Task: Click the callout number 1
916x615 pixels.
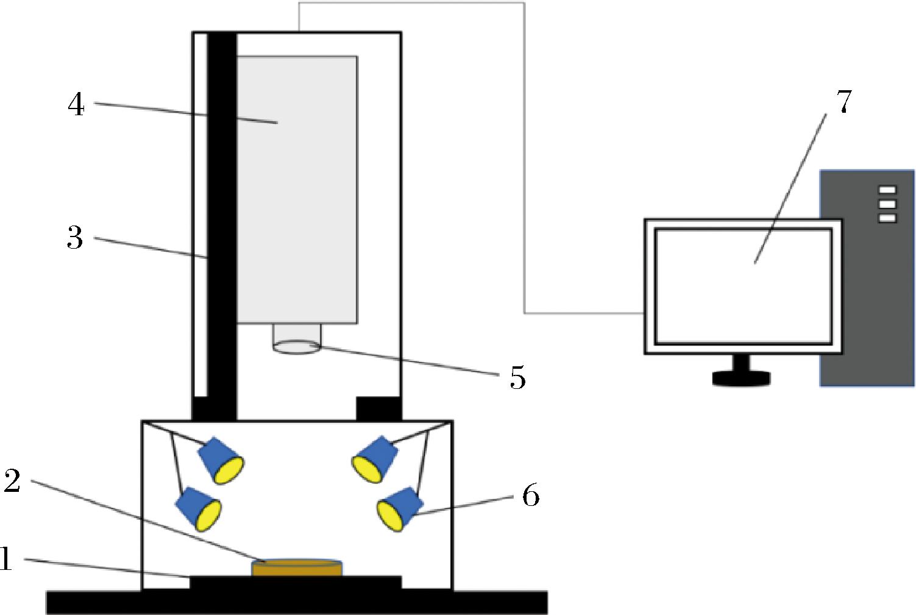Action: [x=5, y=558]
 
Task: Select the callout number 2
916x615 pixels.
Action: [x=12, y=481]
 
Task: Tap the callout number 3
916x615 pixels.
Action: [x=75, y=237]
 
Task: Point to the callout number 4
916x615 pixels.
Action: [x=76, y=105]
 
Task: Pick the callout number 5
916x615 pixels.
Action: [x=517, y=377]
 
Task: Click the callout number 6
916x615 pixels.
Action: [x=531, y=496]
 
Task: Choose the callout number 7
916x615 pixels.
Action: [x=843, y=101]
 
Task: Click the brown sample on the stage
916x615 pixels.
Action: [x=296, y=568]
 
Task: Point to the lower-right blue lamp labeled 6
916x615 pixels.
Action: [x=400, y=509]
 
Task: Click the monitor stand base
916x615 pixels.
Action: [x=741, y=378]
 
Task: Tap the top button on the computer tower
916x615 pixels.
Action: [x=887, y=190]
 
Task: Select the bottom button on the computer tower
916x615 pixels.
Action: [x=887, y=218]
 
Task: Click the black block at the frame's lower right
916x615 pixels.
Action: [x=378, y=408]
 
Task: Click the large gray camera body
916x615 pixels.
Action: [x=297, y=190]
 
